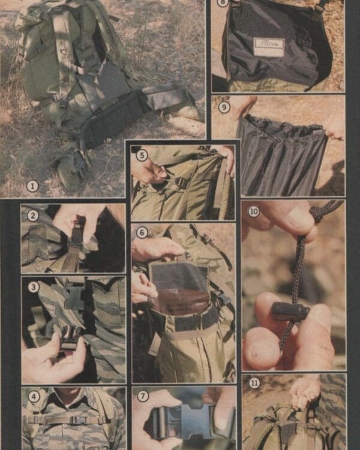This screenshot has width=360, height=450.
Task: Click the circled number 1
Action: point(33,186)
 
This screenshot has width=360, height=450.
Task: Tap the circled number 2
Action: point(33,215)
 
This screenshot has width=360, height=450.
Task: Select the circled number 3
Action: point(34,287)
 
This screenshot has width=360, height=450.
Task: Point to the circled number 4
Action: point(34,396)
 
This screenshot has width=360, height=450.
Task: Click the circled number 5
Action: point(142,155)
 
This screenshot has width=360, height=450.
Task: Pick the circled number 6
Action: point(142,232)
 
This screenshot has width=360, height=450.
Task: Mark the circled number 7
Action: point(142,395)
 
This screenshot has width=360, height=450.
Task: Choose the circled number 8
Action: point(223,3)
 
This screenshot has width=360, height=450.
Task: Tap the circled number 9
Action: point(224,108)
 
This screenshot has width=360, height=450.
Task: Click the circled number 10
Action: point(253,211)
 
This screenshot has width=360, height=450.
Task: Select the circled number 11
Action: point(254,383)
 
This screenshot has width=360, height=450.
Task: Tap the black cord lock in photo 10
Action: point(290,311)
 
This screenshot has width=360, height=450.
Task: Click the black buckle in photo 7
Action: point(180,420)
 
